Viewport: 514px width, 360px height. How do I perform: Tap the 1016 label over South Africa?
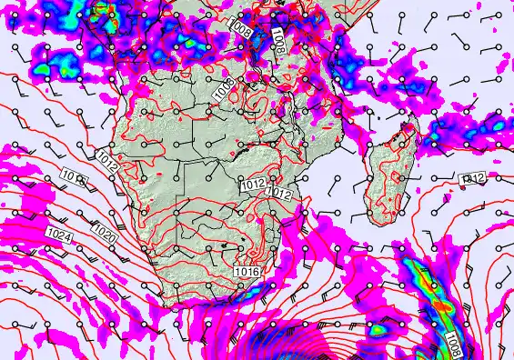246,271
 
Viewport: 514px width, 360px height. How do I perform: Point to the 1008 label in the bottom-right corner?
454,344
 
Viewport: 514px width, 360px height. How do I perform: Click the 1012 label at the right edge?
474,178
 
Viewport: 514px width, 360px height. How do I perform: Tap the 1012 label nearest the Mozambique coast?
279,193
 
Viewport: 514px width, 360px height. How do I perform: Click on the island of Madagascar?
387,177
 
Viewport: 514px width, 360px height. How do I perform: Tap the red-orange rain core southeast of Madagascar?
440,305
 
